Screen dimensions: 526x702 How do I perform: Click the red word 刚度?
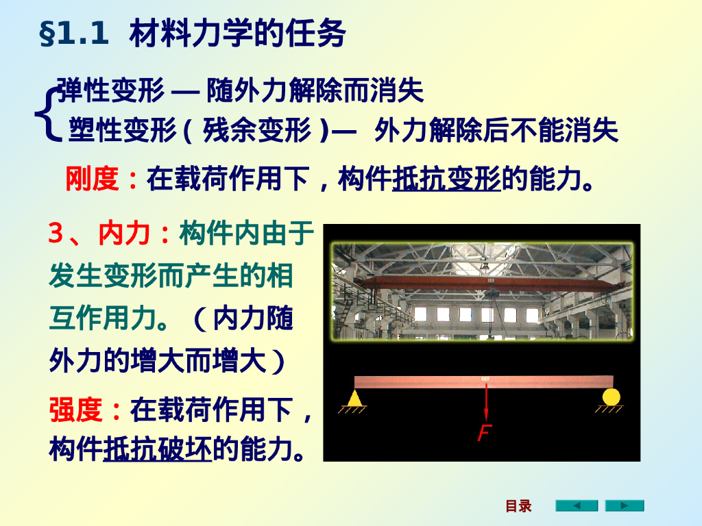click(92, 179)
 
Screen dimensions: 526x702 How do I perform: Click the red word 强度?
click(75, 410)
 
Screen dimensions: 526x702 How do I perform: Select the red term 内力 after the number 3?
click(124, 234)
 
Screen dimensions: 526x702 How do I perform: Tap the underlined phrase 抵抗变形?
click(446, 179)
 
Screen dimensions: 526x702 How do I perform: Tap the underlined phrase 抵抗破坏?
click(158, 450)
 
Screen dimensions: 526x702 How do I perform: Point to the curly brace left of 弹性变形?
click(45, 111)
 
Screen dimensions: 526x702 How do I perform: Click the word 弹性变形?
click(110, 90)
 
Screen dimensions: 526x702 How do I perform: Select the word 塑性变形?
click(123, 130)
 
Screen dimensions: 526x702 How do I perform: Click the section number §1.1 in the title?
click(74, 35)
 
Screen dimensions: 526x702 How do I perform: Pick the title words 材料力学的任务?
click(237, 35)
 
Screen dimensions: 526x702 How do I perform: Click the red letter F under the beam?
click(485, 434)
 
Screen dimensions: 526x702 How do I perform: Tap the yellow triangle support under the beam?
click(354, 398)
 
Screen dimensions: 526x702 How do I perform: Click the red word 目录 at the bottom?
click(518, 506)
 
